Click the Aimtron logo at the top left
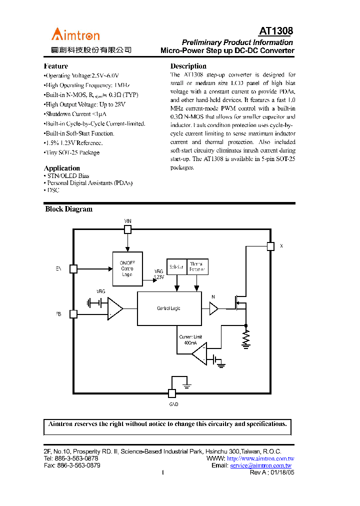pos(76,35)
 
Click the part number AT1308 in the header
pos(276,31)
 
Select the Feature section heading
pos(55,66)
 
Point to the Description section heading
pos(188,66)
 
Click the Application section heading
pos(61,168)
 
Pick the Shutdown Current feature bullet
pos(75,114)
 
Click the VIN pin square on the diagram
pos(127,229)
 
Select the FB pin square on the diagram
pos(73,314)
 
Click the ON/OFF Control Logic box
pos(127,268)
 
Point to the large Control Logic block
pos(169,308)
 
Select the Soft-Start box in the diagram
pos(176,267)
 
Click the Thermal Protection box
pos(197,267)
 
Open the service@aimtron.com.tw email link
pos(260,465)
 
